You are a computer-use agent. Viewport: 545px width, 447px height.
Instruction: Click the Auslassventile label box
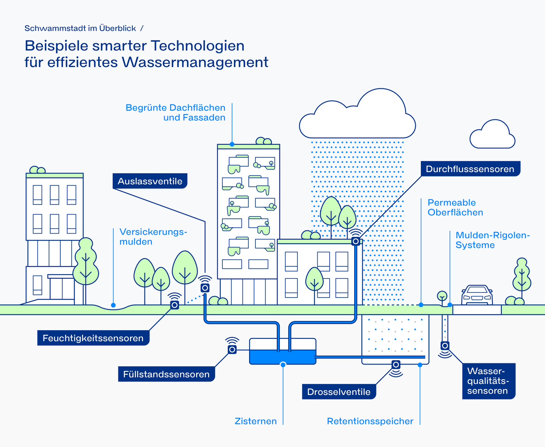pyautogui.click(x=150, y=181)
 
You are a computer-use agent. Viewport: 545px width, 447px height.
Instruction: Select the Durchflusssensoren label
pyautogui.click(x=470, y=169)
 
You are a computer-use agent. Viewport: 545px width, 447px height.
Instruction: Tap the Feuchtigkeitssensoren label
pyautogui.click(x=93, y=338)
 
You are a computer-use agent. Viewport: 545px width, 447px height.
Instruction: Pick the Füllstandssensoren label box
pyautogui.click(x=166, y=374)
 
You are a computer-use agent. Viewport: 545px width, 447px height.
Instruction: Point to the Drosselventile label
pyautogui.click(x=339, y=392)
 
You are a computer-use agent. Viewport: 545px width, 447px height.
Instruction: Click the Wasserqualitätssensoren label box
pyautogui.click(x=488, y=381)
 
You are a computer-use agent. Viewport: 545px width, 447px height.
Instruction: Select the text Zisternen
pyautogui.click(x=255, y=421)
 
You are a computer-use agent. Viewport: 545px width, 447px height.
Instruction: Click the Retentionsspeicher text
pyautogui.click(x=370, y=421)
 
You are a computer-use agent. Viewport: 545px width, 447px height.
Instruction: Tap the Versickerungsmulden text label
pyautogui.click(x=153, y=237)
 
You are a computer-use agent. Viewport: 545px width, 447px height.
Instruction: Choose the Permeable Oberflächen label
pyautogui.click(x=455, y=208)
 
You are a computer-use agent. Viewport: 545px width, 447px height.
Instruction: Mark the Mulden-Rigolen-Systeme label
pyautogui.click(x=492, y=240)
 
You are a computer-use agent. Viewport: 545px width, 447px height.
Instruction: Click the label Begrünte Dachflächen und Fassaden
pyautogui.click(x=176, y=113)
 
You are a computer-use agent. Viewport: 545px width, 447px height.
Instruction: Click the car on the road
pyautogui.click(x=477, y=296)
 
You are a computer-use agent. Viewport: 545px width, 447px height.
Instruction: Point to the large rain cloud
pyautogui.click(x=357, y=117)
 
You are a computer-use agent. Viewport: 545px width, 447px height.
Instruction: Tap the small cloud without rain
pyautogui.click(x=492, y=136)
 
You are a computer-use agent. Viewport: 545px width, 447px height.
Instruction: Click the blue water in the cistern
pyautogui.click(x=282, y=357)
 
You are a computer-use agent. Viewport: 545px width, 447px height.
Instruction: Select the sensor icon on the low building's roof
pyautogui.click(x=355, y=241)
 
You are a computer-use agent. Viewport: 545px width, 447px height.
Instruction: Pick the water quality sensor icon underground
pyautogui.click(x=445, y=346)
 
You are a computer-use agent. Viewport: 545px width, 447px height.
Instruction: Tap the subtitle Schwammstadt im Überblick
pyautogui.click(x=80, y=28)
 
